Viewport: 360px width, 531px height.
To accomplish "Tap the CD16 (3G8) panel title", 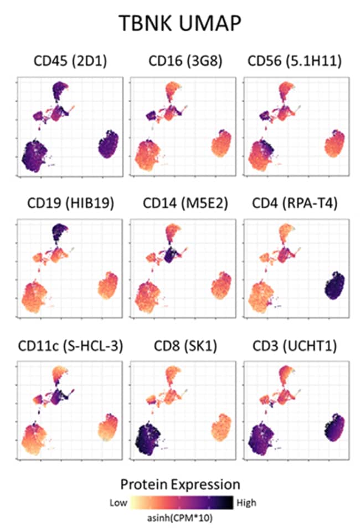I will [x=180, y=63].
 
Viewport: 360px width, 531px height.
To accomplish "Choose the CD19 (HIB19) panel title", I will [x=70, y=203].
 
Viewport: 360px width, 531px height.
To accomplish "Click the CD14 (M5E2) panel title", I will [x=180, y=203].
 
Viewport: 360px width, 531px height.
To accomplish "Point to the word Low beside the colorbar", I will [x=118, y=503].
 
